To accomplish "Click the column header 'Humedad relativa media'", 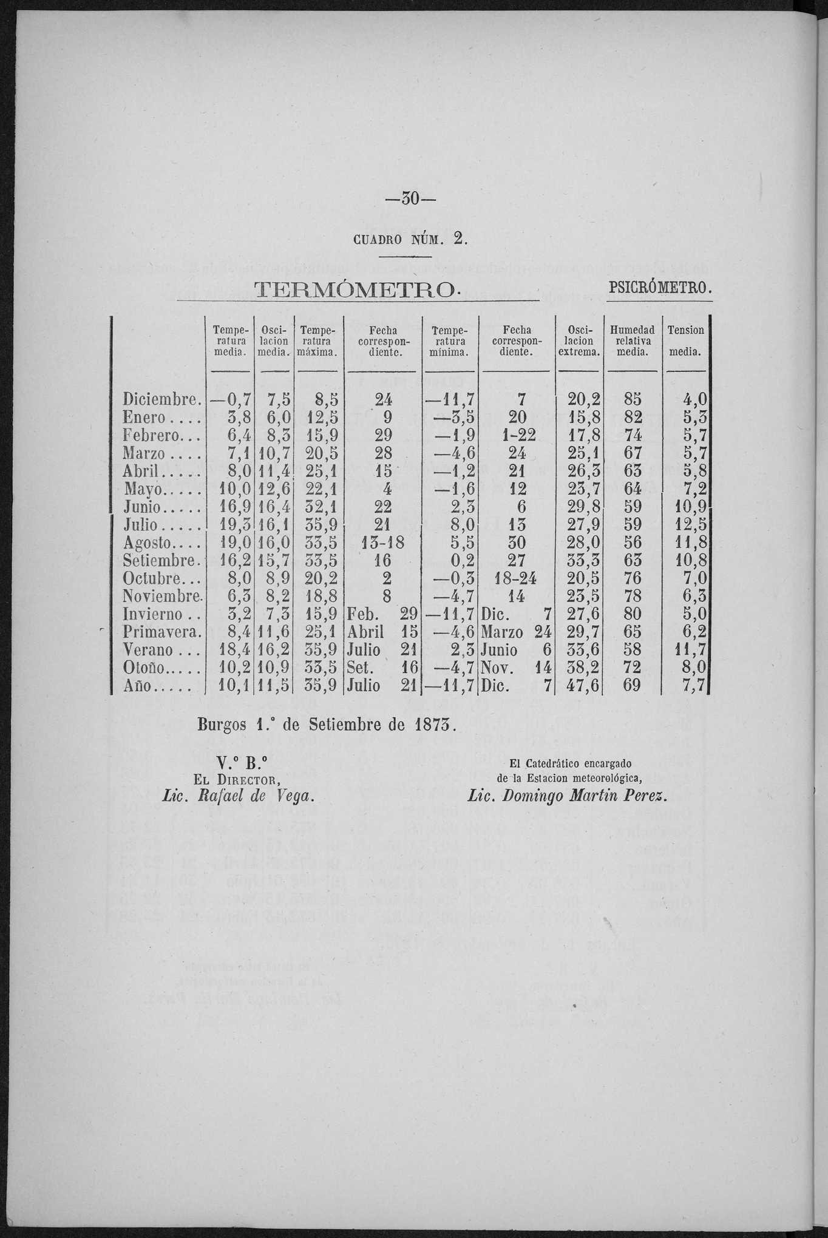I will coord(633,341).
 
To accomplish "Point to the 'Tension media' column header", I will coord(685,341).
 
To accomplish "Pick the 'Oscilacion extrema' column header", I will coord(579,341).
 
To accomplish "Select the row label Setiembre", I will coord(161,560).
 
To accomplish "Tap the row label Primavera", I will coord(161,632).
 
